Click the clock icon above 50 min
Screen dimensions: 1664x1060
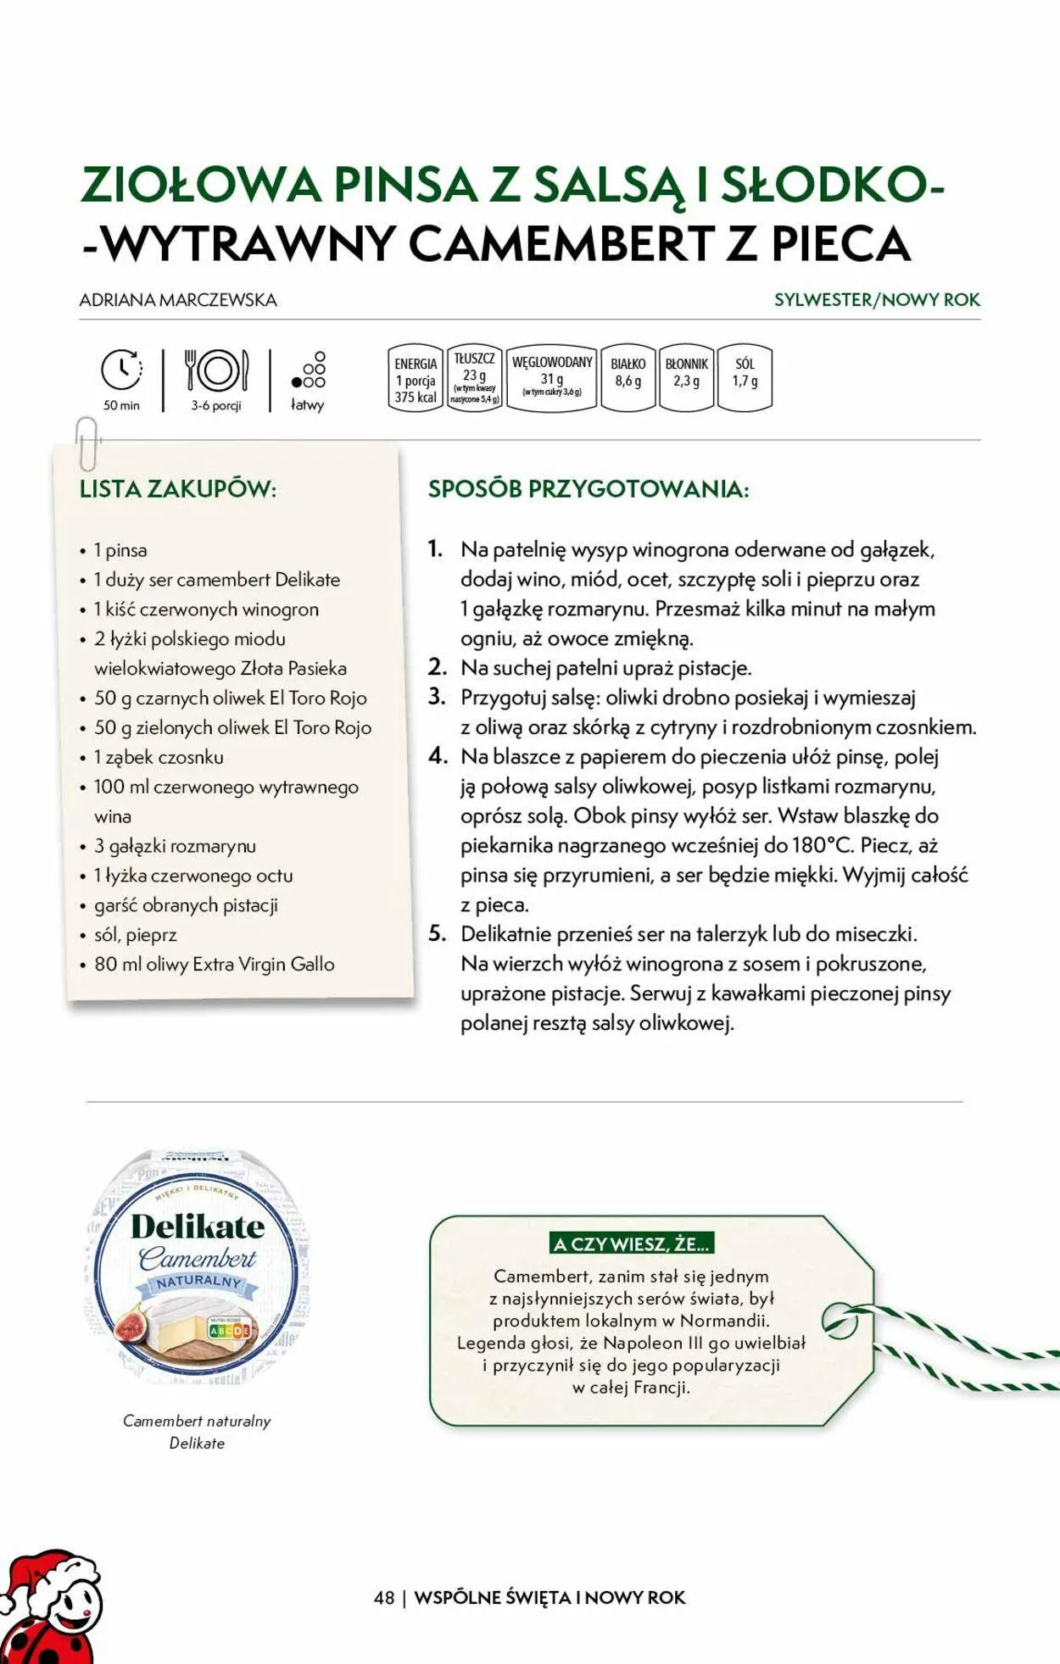coord(121,370)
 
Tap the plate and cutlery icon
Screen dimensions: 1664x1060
coord(216,371)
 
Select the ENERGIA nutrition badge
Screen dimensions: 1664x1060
coord(416,379)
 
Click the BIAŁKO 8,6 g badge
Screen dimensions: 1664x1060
coord(628,378)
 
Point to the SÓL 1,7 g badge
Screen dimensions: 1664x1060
coord(745,378)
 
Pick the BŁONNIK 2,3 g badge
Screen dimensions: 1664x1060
coord(686,378)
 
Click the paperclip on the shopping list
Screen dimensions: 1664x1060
coord(87,442)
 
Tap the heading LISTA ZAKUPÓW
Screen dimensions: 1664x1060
coord(178,489)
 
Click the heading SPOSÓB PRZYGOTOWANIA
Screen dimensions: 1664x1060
coord(589,489)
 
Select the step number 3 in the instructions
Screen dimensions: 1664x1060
coord(437,697)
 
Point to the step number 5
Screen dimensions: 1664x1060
coord(437,934)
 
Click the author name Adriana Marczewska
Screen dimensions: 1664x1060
coord(178,300)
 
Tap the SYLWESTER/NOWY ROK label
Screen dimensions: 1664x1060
coord(877,300)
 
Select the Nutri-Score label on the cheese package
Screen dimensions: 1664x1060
coord(229,1329)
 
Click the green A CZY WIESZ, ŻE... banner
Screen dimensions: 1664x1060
coord(632,1244)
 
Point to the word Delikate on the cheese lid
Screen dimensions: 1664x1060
coord(198,1227)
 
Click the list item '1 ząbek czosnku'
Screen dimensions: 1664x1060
coord(158,757)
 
